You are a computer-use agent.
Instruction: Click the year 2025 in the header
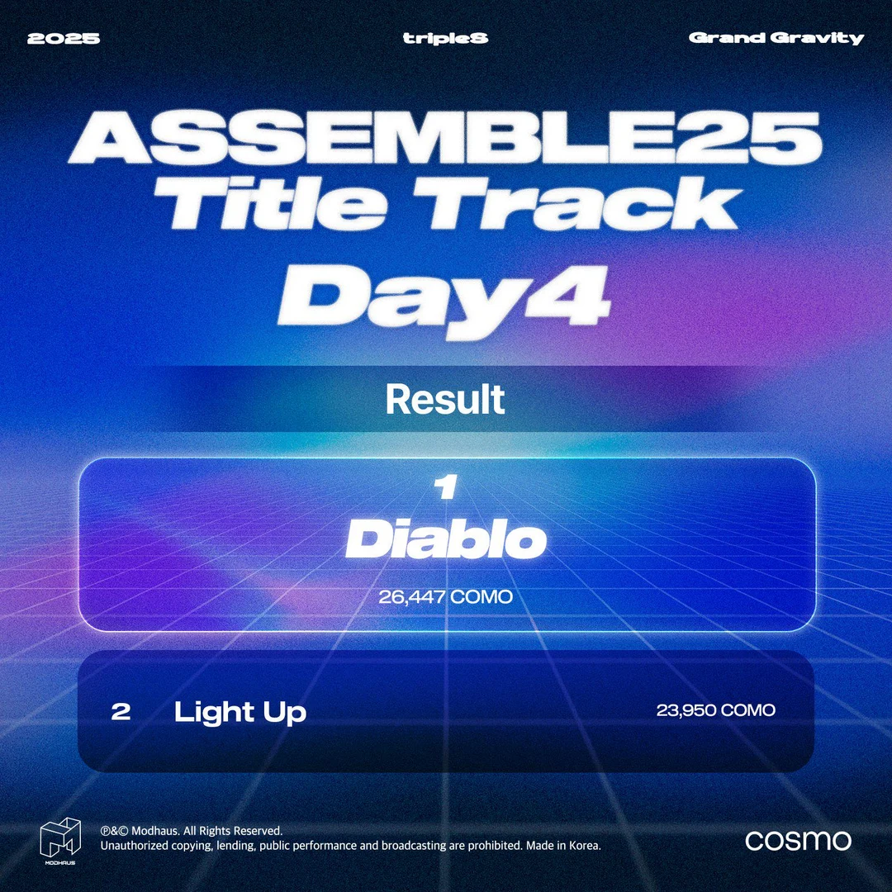(64, 38)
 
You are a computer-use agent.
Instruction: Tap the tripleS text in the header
(445, 38)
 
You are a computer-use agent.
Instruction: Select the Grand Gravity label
(776, 38)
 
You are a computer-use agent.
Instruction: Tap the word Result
(445, 400)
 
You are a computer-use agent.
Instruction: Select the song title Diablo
(446, 542)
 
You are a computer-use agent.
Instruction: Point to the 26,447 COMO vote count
(446, 596)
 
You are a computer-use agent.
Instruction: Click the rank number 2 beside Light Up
(121, 712)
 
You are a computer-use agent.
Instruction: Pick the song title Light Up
(240, 713)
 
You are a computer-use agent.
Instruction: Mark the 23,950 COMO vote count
(715, 710)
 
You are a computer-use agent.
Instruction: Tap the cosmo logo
(798, 841)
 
